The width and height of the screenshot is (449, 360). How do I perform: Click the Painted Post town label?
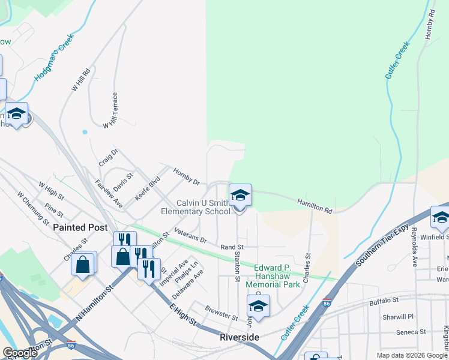coord(80,227)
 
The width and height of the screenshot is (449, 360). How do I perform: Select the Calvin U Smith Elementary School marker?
coord(240,196)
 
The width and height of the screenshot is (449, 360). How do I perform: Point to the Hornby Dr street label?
coord(186,176)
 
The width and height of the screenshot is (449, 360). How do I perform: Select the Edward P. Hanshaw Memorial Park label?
coord(277,276)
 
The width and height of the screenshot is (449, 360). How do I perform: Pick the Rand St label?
coord(232,247)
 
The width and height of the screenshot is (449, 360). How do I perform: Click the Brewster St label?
coord(221,315)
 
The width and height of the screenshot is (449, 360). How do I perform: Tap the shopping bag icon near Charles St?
coord(83,264)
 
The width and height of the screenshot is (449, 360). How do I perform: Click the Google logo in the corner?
coord(20,353)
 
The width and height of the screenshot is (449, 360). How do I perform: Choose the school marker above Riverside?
coord(258,307)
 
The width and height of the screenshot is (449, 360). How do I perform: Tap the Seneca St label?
coord(411,331)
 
